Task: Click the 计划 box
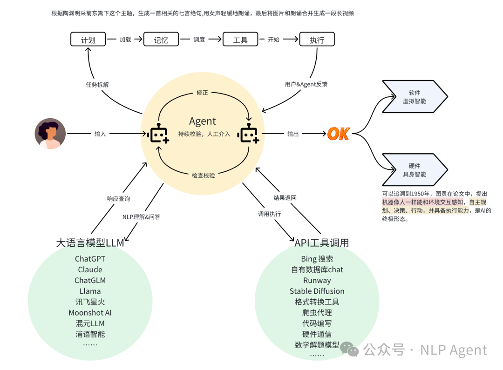click(x=88, y=40)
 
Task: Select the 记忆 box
click(x=161, y=40)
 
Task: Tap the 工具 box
click(x=240, y=40)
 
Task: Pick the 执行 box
click(x=317, y=40)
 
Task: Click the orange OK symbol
click(x=339, y=134)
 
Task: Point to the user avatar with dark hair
click(x=50, y=134)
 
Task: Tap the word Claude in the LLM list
click(x=90, y=269)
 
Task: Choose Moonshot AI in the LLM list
click(x=90, y=313)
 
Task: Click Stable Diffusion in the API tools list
click(x=317, y=291)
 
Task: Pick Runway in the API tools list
click(x=317, y=280)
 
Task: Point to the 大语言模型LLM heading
click(x=90, y=243)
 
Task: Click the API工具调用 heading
click(x=321, y=243)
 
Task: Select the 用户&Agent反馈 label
click(x=306, y=84)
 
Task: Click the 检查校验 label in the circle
click(x=204, y=175)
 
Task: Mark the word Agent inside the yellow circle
click(x=203, y=121)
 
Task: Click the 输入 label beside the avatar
click(x=100, y=134)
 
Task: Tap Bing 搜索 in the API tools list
click(x=317, y=259)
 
